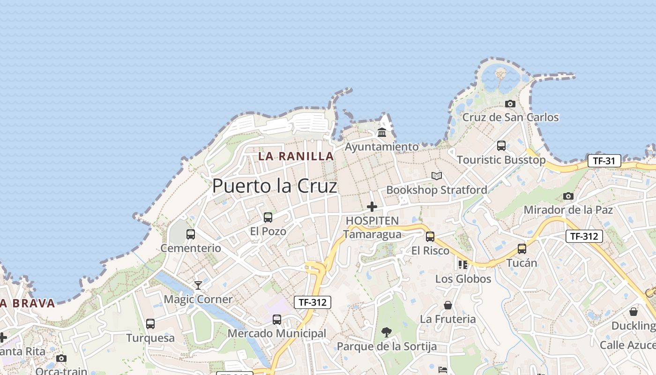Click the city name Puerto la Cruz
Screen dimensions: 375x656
point(275,186)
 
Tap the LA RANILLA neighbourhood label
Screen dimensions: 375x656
point(296,157)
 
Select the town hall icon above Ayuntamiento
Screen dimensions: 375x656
point(382,133)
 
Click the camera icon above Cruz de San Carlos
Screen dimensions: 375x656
point(510,104)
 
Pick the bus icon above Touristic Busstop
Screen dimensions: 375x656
point(501,146)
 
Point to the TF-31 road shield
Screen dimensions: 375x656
point(604,161)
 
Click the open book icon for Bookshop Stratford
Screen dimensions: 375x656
point(437,176)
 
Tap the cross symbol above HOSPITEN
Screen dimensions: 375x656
point(372,206)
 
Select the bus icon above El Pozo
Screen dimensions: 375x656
point(268,217)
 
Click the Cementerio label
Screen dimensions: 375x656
point(191,248)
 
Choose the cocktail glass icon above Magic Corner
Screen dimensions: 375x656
point(198,285)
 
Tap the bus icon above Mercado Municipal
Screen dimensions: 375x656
point(277,320)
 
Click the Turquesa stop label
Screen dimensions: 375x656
point(150,338)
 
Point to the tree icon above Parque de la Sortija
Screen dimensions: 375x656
point(387,332)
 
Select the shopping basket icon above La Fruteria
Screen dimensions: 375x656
point(448,305)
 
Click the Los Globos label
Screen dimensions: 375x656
point(463,279)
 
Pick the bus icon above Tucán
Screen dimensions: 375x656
point(522,249)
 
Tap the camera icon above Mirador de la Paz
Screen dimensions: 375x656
point(568,196)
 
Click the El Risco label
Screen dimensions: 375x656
point(430,251)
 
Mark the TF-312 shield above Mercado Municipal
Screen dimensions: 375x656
point(313,302)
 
